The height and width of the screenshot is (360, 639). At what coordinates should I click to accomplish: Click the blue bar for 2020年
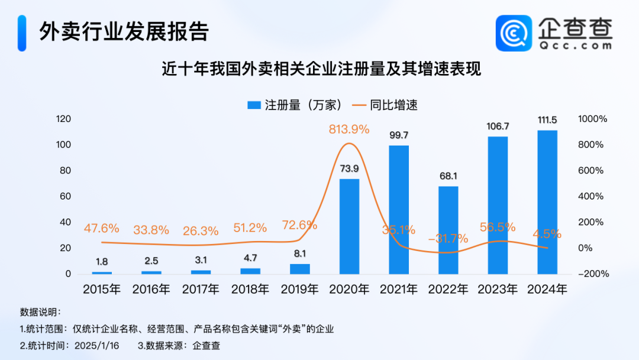click(x=349, y=226)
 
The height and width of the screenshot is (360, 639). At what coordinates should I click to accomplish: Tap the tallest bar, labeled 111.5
click(x=547, y=202)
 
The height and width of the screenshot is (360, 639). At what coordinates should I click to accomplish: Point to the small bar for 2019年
click(x=300, y=269)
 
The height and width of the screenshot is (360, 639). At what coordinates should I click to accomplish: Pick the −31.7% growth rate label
click(x=448, y=239)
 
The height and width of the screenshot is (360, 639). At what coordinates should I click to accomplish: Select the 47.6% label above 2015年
click(x=102, y=228)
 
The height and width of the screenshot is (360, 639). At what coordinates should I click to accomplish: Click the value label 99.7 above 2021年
click(x=399, y=135)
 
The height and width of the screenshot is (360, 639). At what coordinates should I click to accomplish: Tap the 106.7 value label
click(x=498, y=126)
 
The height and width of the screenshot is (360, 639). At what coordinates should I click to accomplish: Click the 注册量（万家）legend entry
click(x=294, y=105)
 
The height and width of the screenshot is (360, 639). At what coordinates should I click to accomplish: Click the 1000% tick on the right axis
click(x=592, y=119)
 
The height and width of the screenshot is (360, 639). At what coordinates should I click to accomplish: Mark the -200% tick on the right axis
click(x=593, y=274)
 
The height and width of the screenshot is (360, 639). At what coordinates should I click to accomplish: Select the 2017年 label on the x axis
click(x=201, y=290)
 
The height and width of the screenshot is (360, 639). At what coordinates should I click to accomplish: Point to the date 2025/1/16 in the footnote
click(x=98, y=346)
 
